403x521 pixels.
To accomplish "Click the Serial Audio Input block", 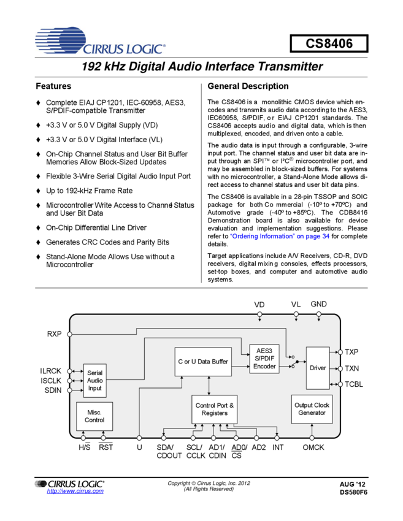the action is click(95, 380).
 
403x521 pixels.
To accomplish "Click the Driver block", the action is click(318, 368).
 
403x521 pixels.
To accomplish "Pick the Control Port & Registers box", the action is click(215, 409).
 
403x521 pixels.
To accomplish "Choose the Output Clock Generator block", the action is click(312, 409).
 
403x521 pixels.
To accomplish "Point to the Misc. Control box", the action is click(94, 416).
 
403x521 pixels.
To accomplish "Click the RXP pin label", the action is click(55, 334).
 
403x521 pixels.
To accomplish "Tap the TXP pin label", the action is click(351, 352).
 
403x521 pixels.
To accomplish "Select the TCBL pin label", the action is click(354, 384).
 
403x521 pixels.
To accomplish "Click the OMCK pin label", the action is click(313, 447).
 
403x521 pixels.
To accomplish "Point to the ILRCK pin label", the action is click(51, 371).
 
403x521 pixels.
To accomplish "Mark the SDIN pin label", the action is click(53, 390).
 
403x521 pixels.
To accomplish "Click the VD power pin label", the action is click(259, 305).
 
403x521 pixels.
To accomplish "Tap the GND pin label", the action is click(318, 304).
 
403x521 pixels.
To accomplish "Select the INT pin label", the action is click(278, 447).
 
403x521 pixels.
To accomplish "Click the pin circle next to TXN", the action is click(340, 368).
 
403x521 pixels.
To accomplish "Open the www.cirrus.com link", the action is click(75, 491).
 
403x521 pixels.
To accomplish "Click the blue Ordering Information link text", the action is click(280, 237).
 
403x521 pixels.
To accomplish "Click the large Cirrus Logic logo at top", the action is click(100, 40).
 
